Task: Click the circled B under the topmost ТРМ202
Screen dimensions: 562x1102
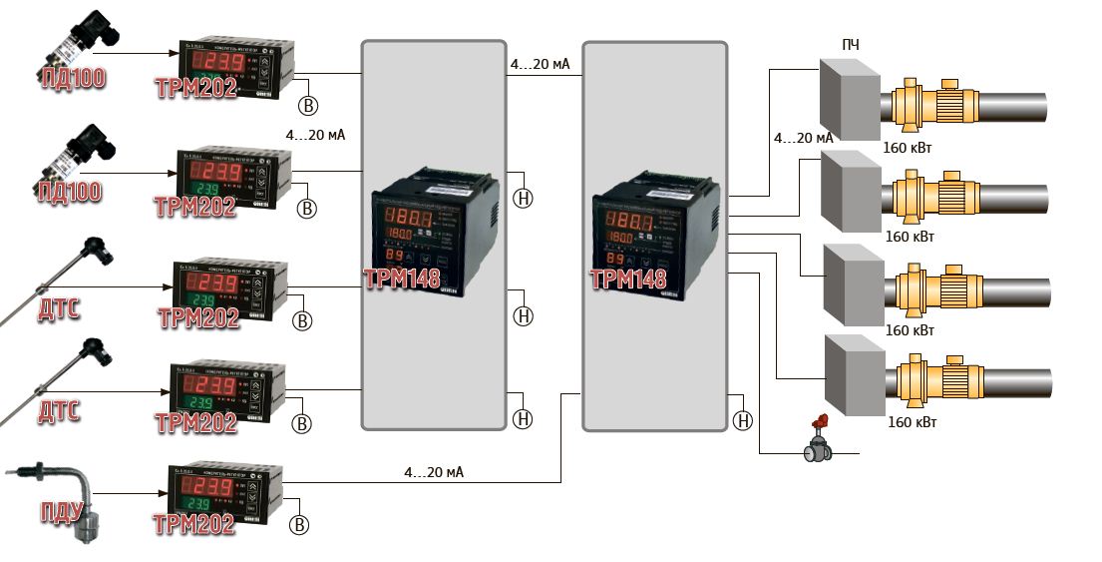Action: tap(309, 104)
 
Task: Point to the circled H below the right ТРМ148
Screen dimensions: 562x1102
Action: tap(742, 420)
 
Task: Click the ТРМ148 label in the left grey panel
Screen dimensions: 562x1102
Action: tap(403, 279)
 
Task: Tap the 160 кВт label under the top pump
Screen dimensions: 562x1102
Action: tap(909, 148)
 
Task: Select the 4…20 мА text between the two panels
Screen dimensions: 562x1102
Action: tap(540, 65)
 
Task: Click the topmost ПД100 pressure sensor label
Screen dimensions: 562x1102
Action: tap(72, 77)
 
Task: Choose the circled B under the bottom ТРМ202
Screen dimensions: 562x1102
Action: tap(299, 525)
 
